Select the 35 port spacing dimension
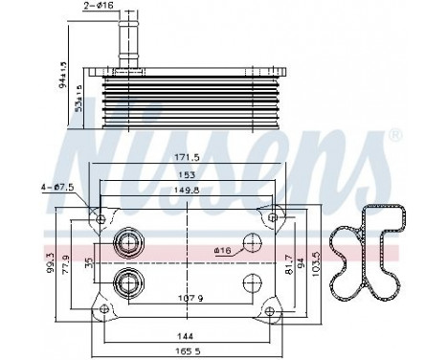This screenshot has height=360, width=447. tap(87, 259)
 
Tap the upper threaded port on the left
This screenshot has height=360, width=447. tap(126, 242)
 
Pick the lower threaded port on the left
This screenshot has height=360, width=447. tap(126, 281)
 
